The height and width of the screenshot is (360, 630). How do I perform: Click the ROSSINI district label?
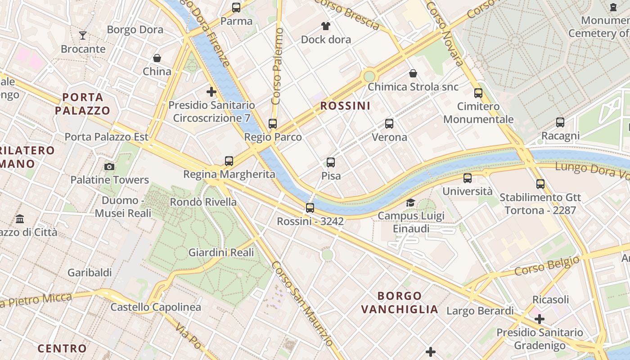345,106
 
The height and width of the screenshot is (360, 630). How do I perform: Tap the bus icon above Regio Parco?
273,124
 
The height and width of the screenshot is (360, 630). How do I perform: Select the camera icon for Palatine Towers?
109,166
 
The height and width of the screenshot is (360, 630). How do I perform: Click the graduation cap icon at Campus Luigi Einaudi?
410,202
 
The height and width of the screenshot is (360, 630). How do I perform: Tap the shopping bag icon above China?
157,58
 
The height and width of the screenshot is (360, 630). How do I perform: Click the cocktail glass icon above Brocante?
83,36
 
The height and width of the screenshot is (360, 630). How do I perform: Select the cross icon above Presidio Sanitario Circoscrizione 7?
211,92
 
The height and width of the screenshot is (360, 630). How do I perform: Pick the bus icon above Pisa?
331,162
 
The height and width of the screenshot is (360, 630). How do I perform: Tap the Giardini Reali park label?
221,252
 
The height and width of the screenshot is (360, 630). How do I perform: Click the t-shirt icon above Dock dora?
326,26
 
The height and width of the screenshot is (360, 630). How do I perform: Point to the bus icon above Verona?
389,124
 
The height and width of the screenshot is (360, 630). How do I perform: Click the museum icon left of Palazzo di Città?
20,219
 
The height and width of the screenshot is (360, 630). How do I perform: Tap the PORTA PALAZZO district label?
83,103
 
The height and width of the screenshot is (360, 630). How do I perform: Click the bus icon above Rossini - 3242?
310,208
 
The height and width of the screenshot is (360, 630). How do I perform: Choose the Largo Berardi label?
480,311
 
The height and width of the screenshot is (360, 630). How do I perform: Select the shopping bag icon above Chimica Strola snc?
413,73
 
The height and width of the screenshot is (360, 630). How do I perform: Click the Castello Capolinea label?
156,307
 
